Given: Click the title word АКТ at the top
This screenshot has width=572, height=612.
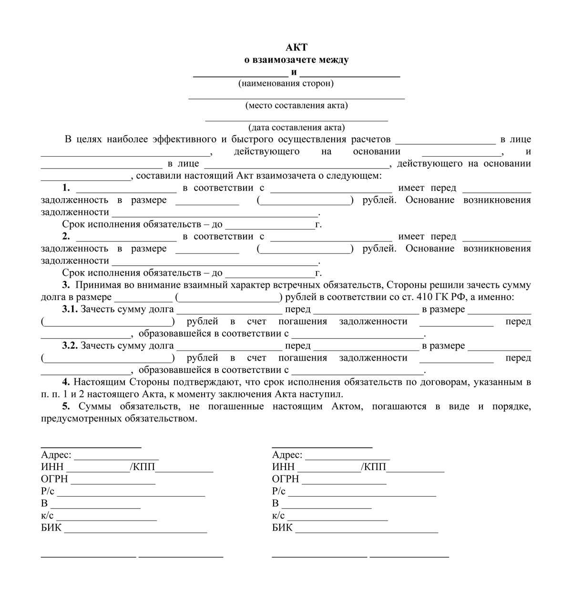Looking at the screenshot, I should tap(296, 47).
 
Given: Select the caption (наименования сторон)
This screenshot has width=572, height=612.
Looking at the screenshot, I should tap(286, 83).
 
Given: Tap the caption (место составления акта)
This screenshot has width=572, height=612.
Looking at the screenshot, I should tap(296, 105).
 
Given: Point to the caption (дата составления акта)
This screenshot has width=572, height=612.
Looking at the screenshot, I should tap(296, 127).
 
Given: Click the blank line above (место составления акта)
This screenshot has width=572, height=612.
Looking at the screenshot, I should tap(296, 98).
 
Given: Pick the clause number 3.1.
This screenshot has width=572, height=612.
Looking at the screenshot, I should tap(70, 309).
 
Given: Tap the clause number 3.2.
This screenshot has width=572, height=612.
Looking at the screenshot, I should tap(70, 346).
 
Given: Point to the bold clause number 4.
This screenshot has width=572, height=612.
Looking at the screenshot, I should tap(65, 382).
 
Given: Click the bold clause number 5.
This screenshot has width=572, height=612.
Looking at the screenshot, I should tap(65, 406).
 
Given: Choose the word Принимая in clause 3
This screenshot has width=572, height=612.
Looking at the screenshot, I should tap(96, 285).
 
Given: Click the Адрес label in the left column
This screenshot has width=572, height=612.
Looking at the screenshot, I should tap(56, 455).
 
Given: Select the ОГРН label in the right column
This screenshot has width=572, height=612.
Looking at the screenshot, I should tap(286, 479).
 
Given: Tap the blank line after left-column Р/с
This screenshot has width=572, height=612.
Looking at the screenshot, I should tap(131, 495).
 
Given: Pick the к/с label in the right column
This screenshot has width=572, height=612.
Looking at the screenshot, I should tap(278, 516).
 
